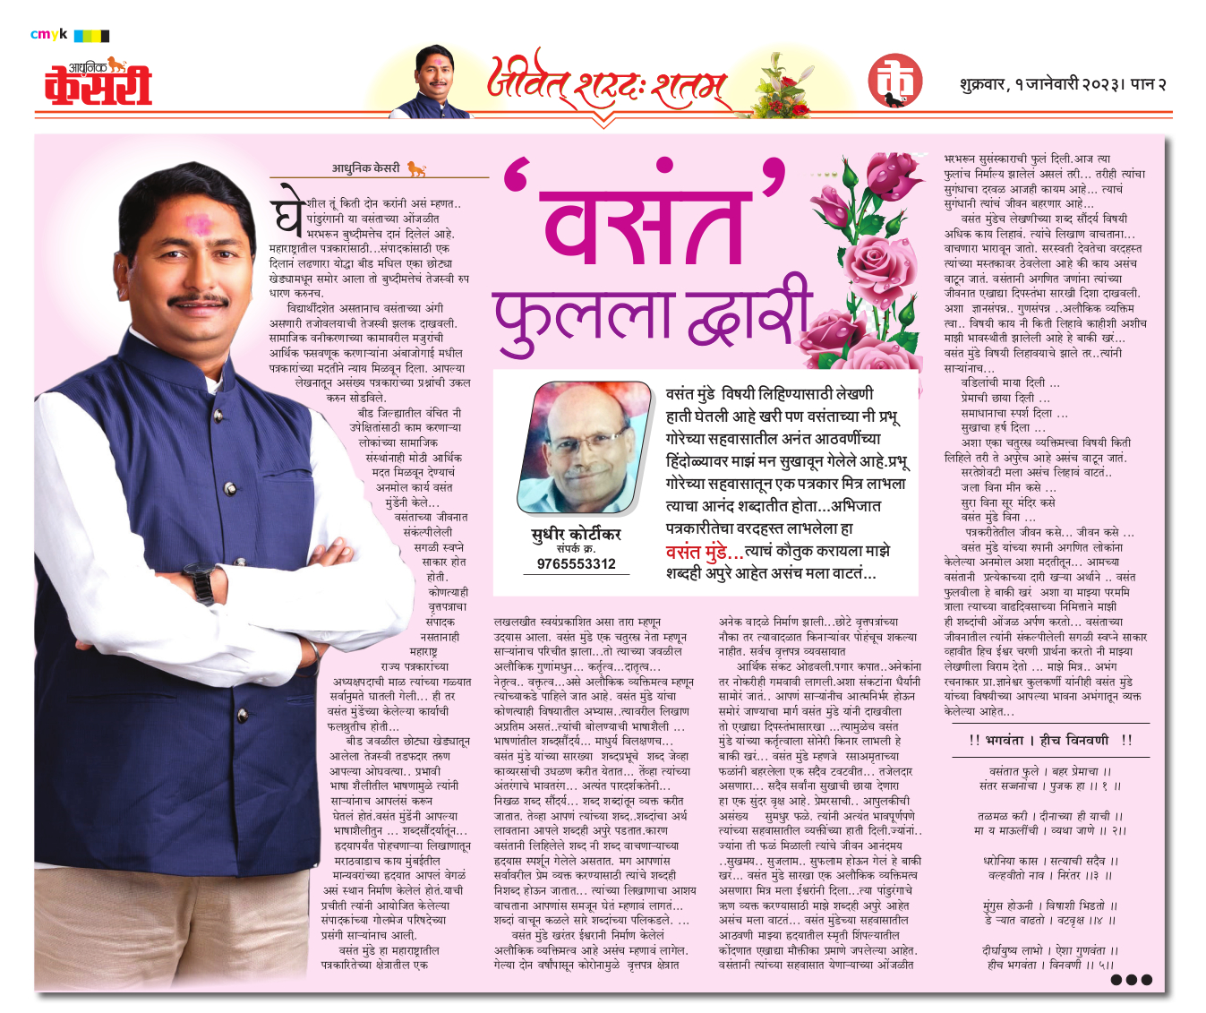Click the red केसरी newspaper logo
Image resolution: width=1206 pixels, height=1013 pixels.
[x=98, y=84]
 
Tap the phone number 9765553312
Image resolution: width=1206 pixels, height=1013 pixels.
[x=577, y=563]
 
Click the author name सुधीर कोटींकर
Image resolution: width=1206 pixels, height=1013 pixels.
[x=577, y=534]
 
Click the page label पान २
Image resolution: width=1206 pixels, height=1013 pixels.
[x=1149, y=84]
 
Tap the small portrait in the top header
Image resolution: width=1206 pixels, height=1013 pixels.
[x=434, y=82]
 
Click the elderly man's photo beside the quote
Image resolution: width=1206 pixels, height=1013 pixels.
[x=584, y=447]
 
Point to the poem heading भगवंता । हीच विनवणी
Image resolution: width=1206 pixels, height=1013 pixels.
[x=1047, y=740]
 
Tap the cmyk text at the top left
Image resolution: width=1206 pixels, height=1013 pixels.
[x=48, y=35]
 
